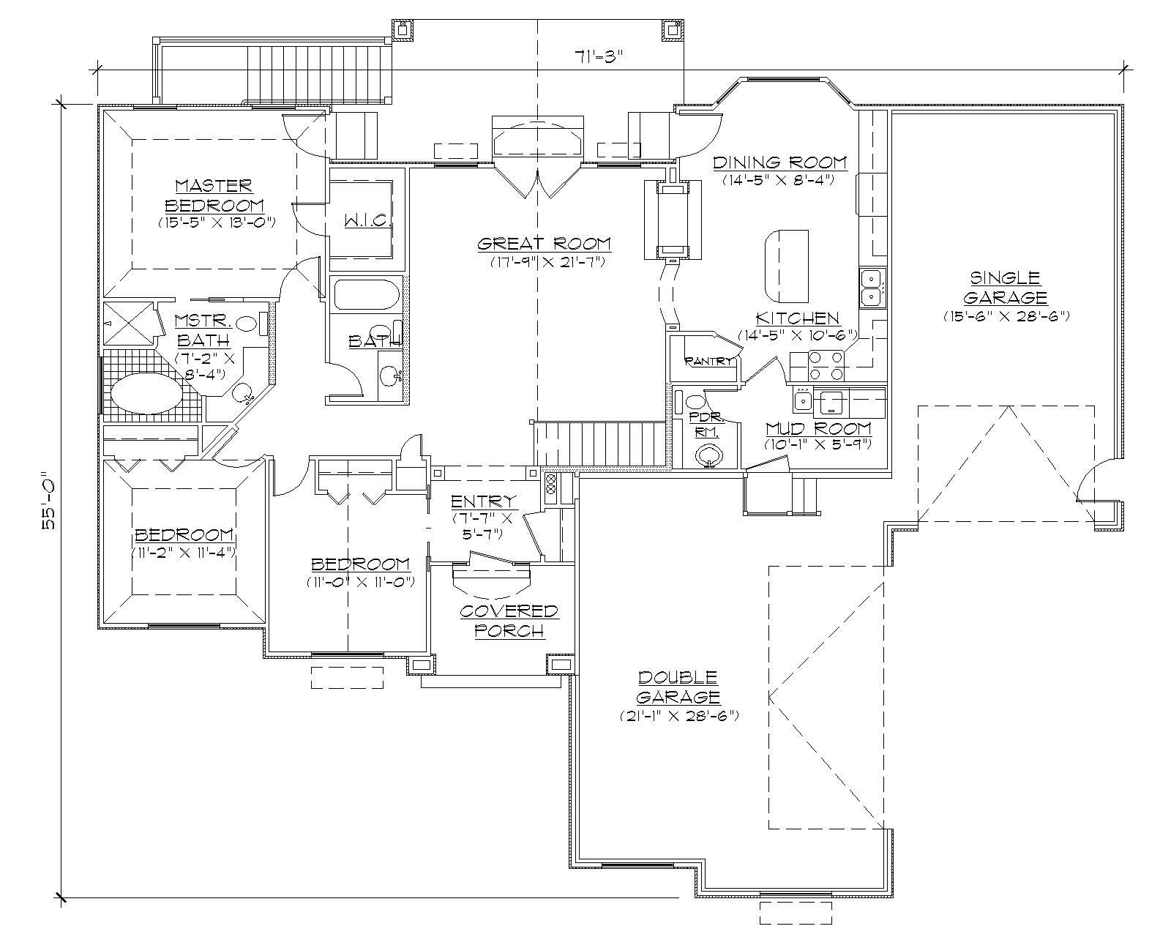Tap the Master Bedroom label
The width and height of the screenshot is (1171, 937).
pyautogui.click(x=214, y=195)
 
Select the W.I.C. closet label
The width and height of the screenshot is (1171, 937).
pyautogui.click(x=369, y=220)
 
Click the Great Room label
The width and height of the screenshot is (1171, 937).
pyautogui.click(x=544, y=244)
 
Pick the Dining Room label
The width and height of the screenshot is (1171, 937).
pyautogui.click(x=779, y=162)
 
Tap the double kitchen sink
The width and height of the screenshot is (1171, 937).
pyautogui.click(x=871, y=288)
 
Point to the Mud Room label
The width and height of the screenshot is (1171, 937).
pyautogui.click(x=818, y=428)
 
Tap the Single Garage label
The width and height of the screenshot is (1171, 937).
pyautogui.click(x=1005, y=288)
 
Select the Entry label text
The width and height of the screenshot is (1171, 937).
pyautogui.click(x=484, y=501)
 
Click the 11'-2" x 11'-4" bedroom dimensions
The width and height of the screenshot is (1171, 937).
pyautogui.click(x=184, y=553)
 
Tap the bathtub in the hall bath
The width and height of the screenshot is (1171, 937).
pyautogui.click(x=367, y=296)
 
